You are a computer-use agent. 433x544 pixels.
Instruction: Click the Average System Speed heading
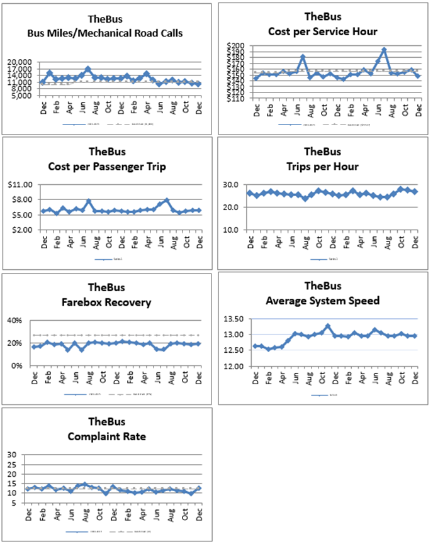tap(322, 300)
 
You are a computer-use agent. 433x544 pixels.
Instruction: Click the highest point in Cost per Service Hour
tap(384, 50)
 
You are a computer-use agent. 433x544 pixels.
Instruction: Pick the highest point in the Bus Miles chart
tap(88, 69)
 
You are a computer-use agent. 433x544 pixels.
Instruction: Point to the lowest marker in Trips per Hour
tap(305, 199)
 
